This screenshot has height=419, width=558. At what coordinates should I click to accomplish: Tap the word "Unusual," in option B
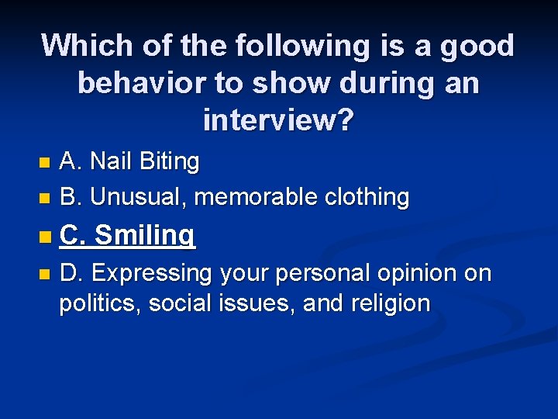[139, 198]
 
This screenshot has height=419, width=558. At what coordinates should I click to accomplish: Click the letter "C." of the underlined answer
[73, 234]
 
